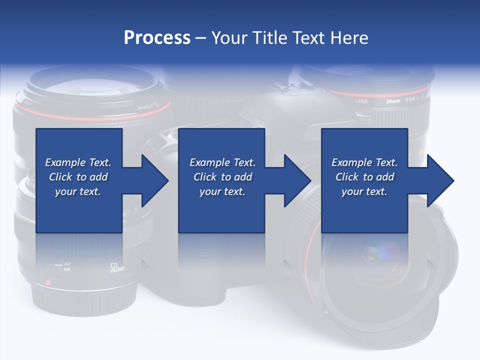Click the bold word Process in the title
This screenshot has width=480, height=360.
point(157,38)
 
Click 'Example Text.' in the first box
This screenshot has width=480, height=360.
point(78,162)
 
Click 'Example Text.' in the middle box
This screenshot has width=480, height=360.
point(222,162)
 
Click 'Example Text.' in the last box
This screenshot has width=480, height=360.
point(364,162)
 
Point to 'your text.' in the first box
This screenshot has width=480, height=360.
point(78,191)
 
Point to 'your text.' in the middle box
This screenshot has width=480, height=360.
point(222,191)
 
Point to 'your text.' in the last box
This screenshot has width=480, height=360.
point(364,191)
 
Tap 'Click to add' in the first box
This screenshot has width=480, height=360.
point(78,177)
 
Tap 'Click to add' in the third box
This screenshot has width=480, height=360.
point(364,177)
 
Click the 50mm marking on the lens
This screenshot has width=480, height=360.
point(117,268)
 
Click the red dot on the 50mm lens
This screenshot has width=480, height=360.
point(48,282)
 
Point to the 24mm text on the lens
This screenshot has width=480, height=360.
point(393,100)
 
